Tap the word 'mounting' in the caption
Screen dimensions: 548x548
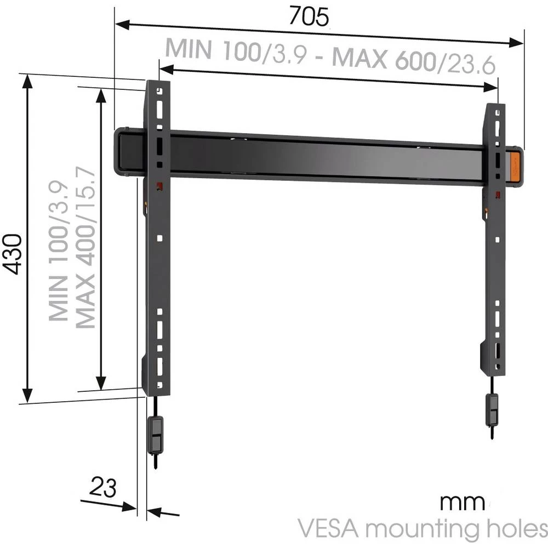(422, 530)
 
